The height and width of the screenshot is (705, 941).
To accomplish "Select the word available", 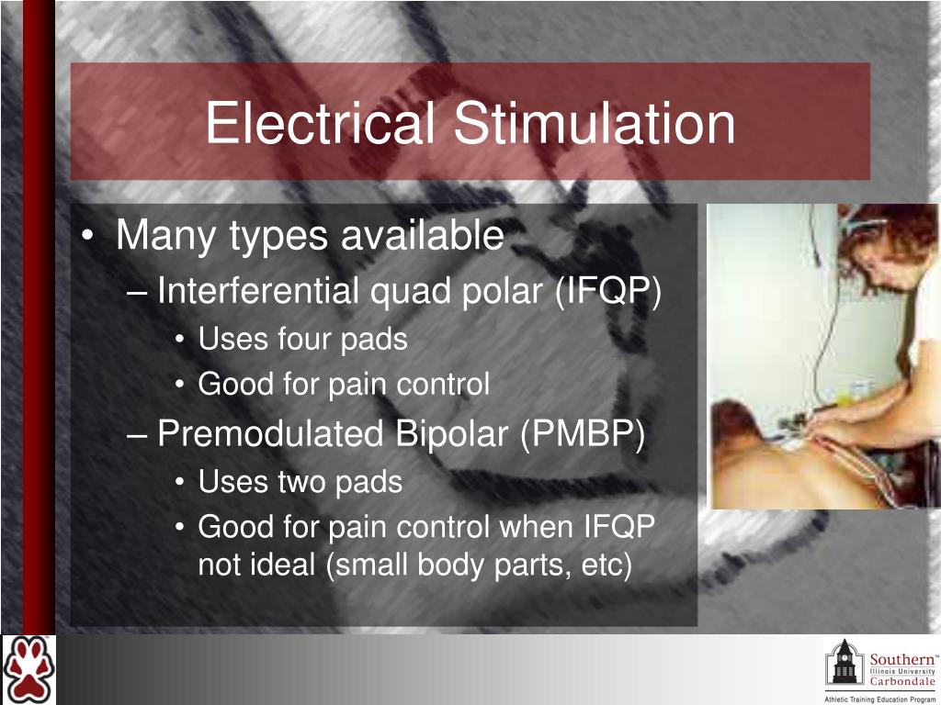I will [x=423, y=236].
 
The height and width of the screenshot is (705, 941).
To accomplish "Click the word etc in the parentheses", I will [x=601, y=565].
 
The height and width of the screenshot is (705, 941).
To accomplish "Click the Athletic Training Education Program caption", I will [x=879, y=699].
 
